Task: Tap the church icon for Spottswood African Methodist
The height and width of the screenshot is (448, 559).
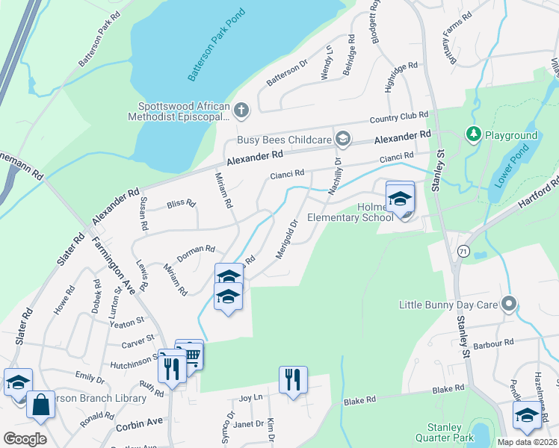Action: [x=241, y=111]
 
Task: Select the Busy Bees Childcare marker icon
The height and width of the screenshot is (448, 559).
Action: [x=343, y=138]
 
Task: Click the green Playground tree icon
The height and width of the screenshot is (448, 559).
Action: [x=472, y=134]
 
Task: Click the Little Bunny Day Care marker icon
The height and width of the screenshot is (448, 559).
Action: [x=509, y=304]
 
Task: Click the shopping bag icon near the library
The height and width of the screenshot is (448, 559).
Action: [x=42, y=406]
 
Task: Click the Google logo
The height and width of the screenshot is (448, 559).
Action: [x=25, y=439]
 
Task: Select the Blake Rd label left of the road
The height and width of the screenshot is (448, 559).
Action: [x=360, y=401]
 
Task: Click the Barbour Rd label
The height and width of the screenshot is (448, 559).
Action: [x=498, y=343]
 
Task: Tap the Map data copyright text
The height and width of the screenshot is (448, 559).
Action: [x=528, y=442]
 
